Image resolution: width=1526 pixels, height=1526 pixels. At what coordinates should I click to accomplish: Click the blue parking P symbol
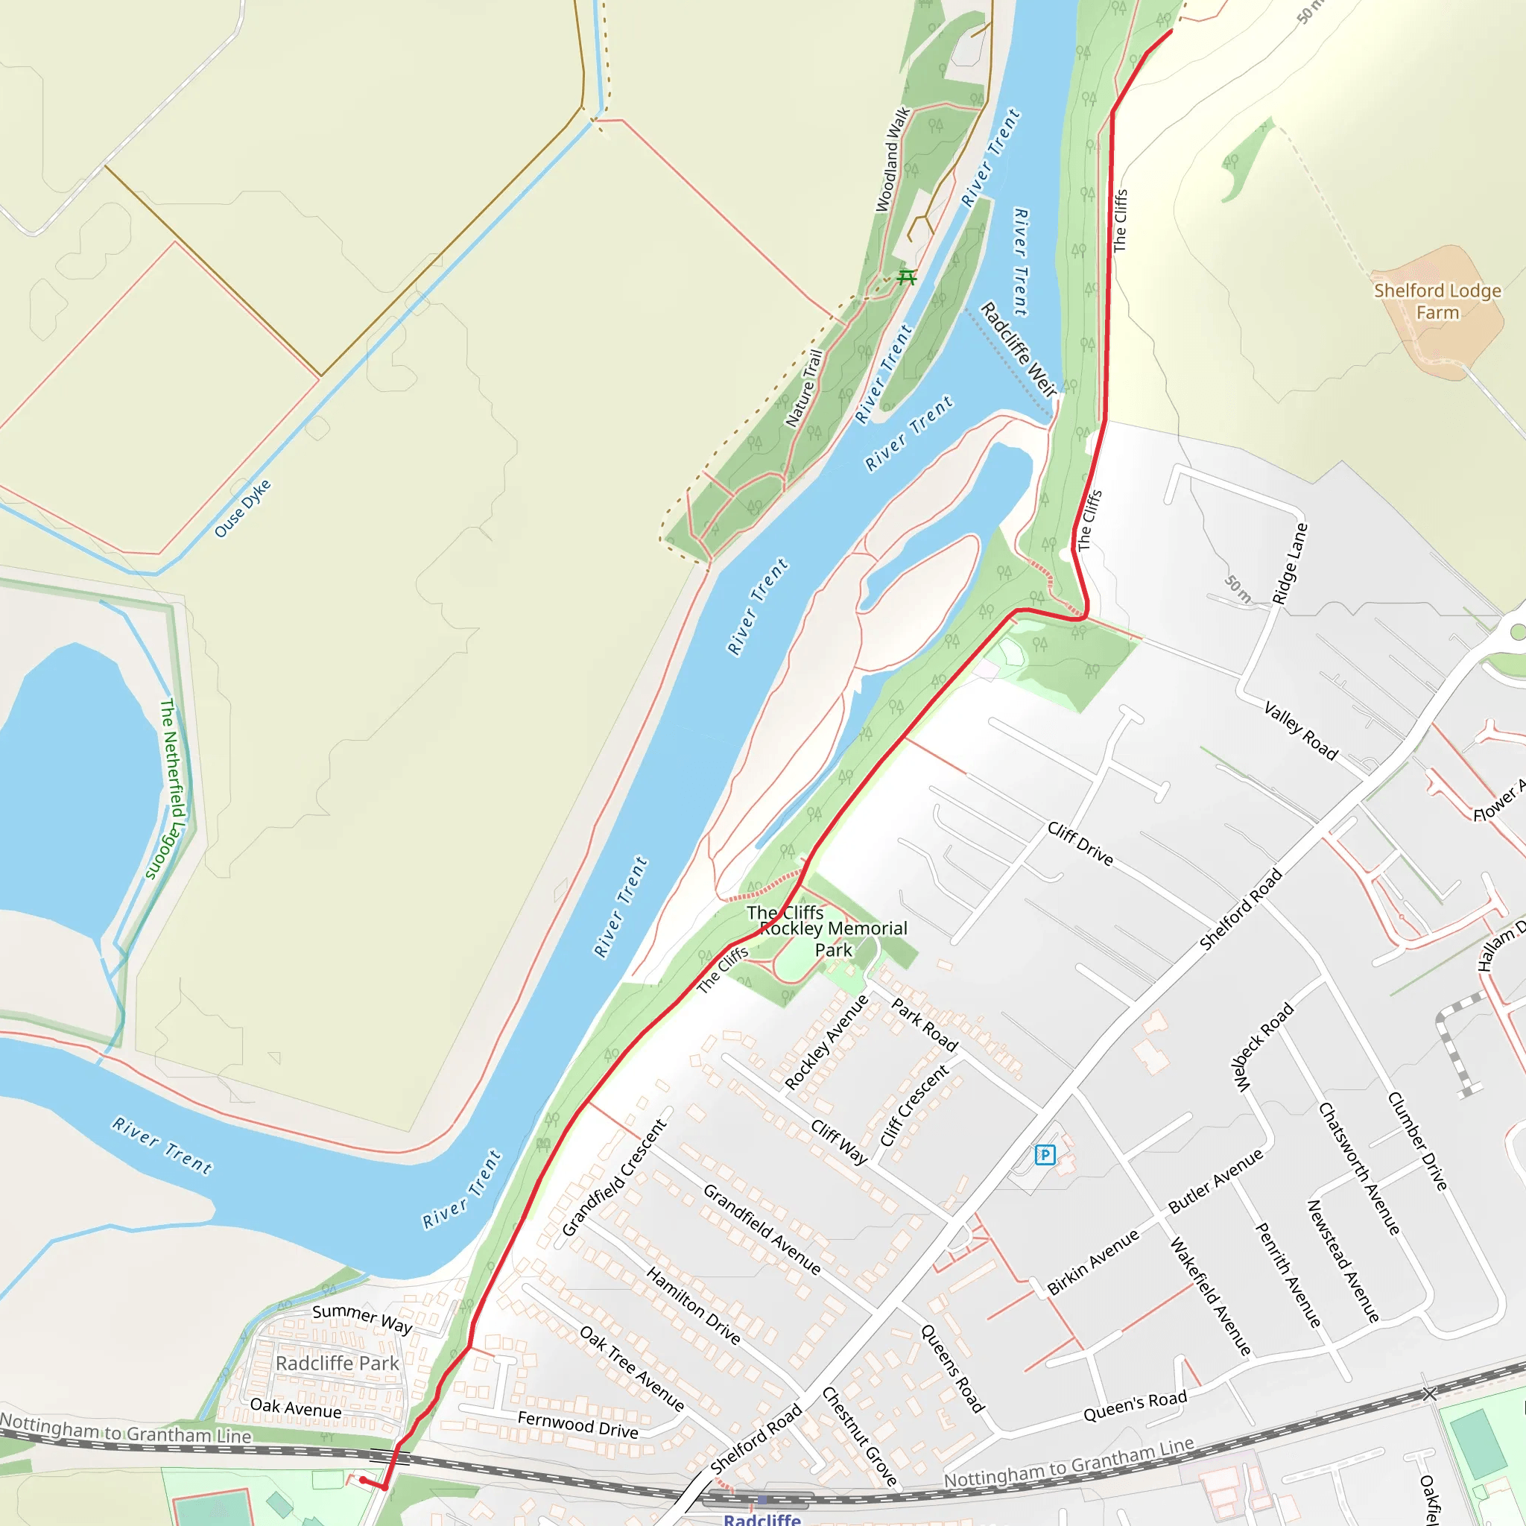pos(1044,1156)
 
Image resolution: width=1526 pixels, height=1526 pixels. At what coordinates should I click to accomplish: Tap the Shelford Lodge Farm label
pos(1437,302)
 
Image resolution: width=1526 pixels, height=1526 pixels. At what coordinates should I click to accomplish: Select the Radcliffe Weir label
pos(1019,349)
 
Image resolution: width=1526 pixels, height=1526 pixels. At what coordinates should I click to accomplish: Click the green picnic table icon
pos(907,276)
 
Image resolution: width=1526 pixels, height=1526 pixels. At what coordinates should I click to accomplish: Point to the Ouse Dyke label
pos(242,508)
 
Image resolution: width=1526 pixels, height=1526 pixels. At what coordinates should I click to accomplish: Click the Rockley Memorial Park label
pos(833,939)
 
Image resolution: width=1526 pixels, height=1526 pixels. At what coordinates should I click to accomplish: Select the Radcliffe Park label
pos(338,1364)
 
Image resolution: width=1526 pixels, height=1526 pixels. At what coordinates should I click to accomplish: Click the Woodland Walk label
pos(893,159)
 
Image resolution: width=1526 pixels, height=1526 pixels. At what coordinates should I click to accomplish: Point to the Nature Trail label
pos(804,389)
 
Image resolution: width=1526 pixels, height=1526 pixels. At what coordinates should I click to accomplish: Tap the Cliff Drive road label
pos(1080,843)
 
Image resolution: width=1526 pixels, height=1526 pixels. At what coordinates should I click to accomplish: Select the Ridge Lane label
pos(1290,564)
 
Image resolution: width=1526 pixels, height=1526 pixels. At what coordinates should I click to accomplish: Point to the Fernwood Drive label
pos(577,1424)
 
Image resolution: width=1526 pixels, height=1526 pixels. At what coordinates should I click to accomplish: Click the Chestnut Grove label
pos(859,1436)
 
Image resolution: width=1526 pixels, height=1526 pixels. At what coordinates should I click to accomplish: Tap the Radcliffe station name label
pos(762,1518)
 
